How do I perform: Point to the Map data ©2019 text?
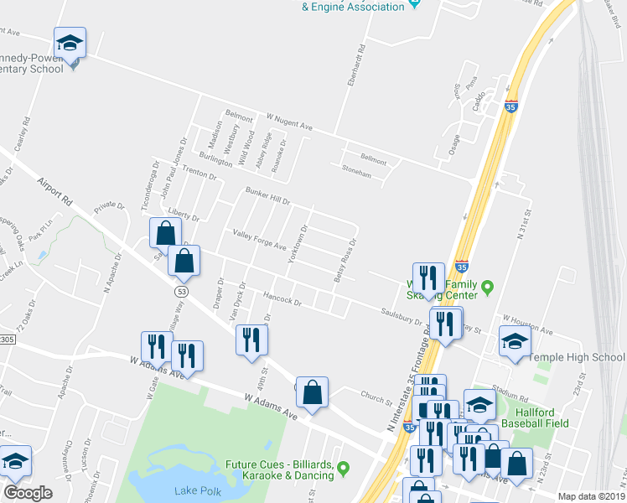[x=590, y=496]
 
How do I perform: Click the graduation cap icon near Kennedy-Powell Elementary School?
[x=70, y=42]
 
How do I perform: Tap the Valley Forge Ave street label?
[x=259, y=241]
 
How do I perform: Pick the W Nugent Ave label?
[x=289, y=122]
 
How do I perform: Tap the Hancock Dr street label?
[x=282, y=298]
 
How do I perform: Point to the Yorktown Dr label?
[x=298, y=245]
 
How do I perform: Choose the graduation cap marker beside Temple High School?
[x=515, y=341]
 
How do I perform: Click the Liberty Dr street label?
[x=183, y=213]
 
